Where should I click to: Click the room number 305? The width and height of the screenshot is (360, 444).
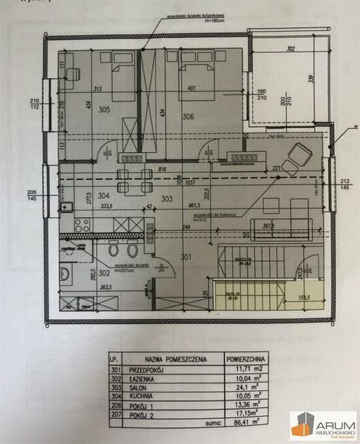103,109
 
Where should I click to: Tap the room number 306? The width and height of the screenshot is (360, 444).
187,116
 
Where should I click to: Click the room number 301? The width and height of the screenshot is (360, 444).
187,257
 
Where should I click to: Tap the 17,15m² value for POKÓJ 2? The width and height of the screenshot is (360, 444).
245,411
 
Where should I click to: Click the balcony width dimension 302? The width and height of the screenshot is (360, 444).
290,49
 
